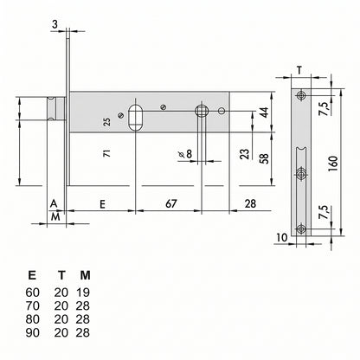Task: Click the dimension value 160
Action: click(333, 164)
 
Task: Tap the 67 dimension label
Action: click(170, 203)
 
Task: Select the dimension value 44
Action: click(264, 112)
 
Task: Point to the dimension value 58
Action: click(264, 158)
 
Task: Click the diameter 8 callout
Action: click(185, 154)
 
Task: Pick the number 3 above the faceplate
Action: click(55, 24)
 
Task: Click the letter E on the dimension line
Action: click(102, 204)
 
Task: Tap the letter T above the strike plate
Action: click(300, 70)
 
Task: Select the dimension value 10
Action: click(282, 237)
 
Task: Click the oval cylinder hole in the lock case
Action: click(135, 118)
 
